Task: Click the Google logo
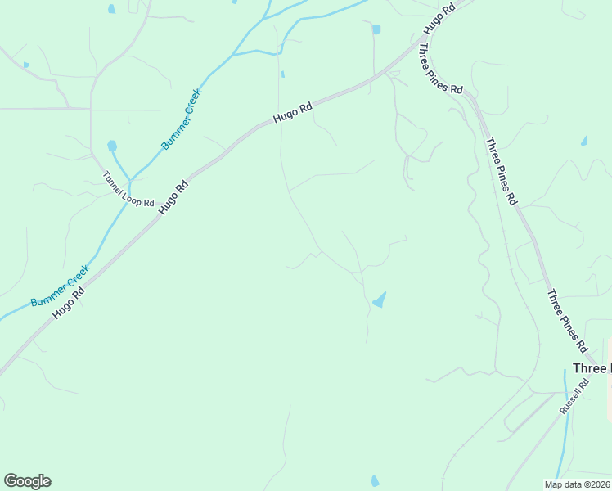pos(27,481)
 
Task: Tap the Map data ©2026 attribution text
pos(577,484)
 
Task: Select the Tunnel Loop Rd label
pos(128,189)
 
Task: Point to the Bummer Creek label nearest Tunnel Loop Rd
pos(181,119)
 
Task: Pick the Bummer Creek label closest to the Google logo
pos(60,285)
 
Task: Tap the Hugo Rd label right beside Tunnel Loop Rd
pos(173,197)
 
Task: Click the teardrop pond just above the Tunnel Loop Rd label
pos(112,146)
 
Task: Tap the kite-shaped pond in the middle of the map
pos(379,300)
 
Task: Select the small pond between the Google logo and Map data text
pos(375,480)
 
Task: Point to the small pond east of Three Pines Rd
pos(583,141)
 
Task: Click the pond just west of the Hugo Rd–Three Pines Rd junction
pos(376,30)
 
